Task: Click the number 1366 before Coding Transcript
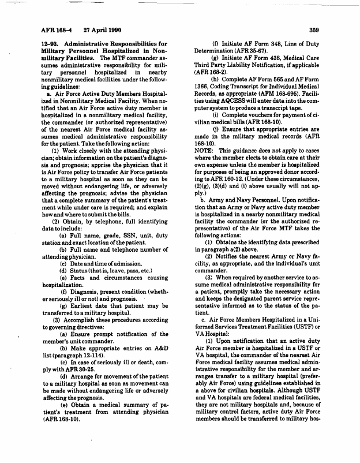click(x=202, y=100)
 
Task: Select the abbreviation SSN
click(x=121, y=236)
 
